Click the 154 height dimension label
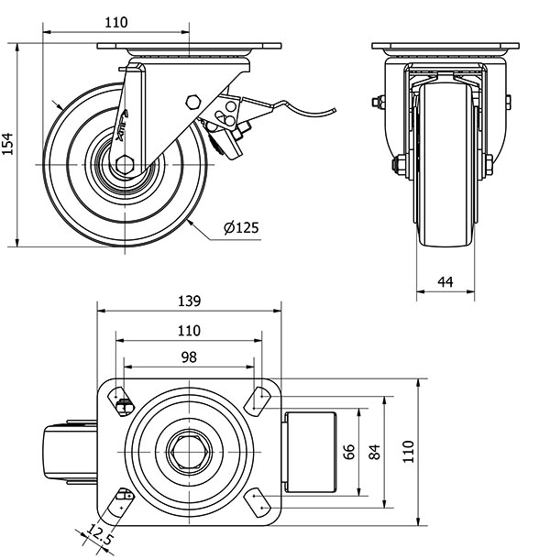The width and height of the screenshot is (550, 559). pyautogui.click(x=8, y=144)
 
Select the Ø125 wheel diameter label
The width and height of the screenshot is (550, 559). pyautogui.click(x=239, y=228)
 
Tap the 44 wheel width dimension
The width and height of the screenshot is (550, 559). pyautogui.click(x=446, y=282)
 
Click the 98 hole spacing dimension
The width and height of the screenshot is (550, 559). pyautogui.click(x=187, y=357)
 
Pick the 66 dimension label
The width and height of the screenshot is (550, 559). pyautogui.click(x=348, y=452)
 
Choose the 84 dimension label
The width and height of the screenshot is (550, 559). pyautogui.click(x=374, y=452)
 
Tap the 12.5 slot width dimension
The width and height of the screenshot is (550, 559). pyautogui.click(x=101, y=533)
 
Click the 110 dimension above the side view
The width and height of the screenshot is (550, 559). pyautogui.click(x=115, y=23)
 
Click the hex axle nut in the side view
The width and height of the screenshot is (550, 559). pyautogui.click(x=126, y=165)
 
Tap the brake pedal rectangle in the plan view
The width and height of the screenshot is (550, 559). pyautogui.click(x=312, y=452)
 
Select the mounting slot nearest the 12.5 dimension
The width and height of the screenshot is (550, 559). pyautogui.click(x=123, y=501)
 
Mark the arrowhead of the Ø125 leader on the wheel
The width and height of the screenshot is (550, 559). pyautogui.click(x=186, y=221)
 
